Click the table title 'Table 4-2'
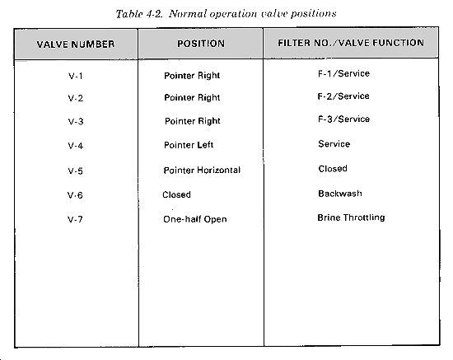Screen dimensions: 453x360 pos(139,14)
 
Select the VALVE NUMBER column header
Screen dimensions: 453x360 pos(76,44)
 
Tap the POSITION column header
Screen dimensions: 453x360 pos(201,44)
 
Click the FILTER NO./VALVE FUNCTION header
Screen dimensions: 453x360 pos(351,43)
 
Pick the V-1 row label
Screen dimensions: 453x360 pos(76,76)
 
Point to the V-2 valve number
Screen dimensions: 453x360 pos(76,98)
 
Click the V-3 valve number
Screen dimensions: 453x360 pos(76,121)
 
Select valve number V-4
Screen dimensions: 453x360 pos(76,146)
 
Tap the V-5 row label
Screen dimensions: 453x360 pos(76,171)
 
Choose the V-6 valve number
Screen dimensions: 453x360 pos(75,195)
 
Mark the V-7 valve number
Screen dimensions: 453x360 pos(75,220)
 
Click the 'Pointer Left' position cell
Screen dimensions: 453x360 pos(189,145)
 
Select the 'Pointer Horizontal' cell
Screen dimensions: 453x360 pos(202,170)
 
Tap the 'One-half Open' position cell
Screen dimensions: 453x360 pos(195,219)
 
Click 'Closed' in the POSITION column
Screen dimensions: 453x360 pos(176,194)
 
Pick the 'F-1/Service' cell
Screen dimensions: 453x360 pos(343,73)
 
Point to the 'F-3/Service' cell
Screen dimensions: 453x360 pos(343,119)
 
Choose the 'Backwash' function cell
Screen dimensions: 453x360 pos(340,194)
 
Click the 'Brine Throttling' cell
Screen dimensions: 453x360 pos(351,217)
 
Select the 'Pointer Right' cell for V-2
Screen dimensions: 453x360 pos(192,98)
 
